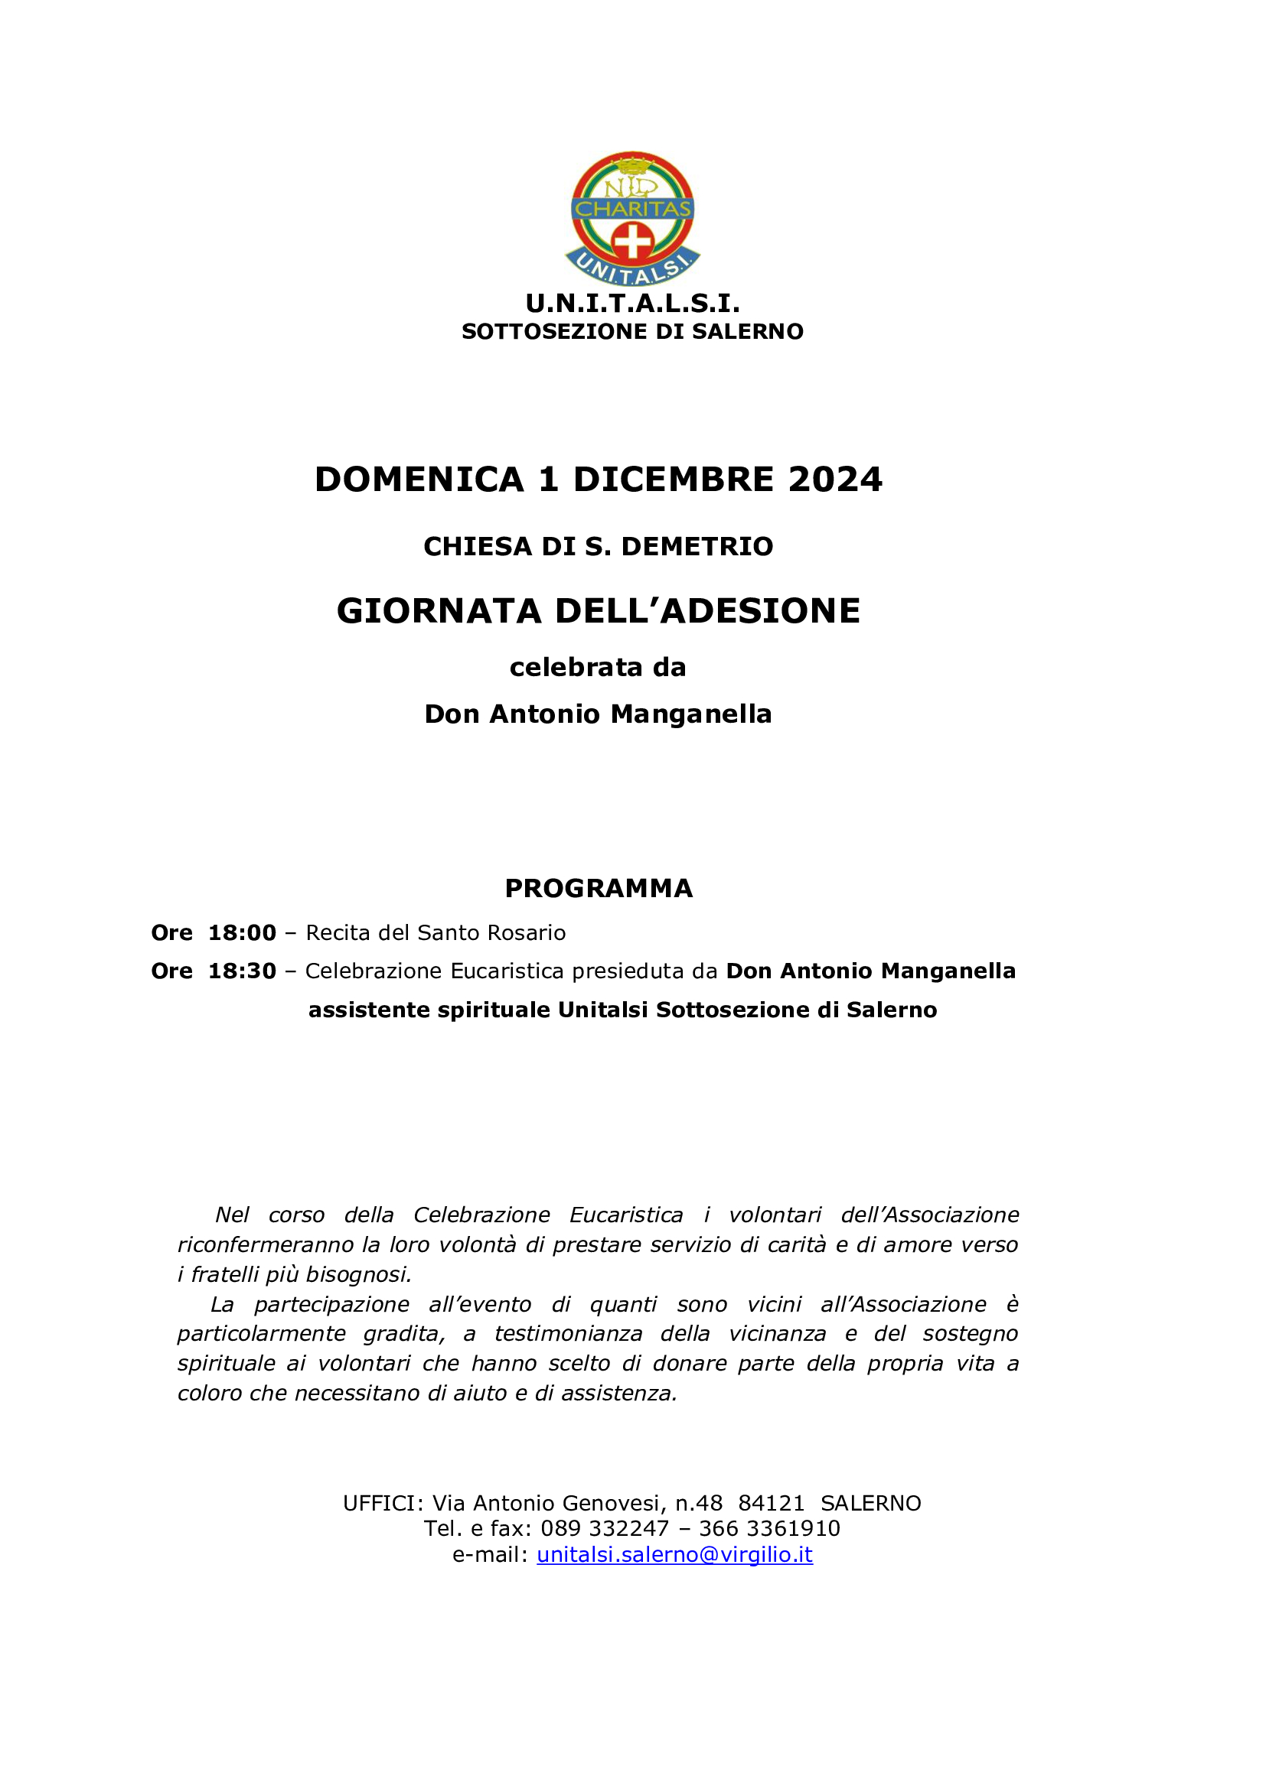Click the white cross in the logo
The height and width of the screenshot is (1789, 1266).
(x=632, y=242)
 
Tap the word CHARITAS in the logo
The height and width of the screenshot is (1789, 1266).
(x=632, y=209)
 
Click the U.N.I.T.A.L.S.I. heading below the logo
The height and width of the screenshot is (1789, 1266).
(x=632, y=302)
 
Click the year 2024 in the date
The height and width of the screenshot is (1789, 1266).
(x=835, y=480)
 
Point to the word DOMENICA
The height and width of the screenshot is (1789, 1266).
(x=419, y=480)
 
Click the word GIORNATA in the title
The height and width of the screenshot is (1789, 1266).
(x=439, y=611)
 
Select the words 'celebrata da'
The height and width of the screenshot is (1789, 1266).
(x=598, y=668)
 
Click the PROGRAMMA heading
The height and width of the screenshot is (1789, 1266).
(x=599, y=888)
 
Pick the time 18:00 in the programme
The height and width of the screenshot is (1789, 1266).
(x=242, y=932)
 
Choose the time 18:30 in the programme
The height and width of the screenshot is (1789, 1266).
(x=242, y=971)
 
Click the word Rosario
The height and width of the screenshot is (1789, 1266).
(x=526, y=932)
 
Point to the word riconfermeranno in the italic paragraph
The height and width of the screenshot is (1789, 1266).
(x=265, y=1244)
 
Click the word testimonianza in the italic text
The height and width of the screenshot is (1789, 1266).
(x=568, y=1333)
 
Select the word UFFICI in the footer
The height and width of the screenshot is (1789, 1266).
(x=382, y=1503)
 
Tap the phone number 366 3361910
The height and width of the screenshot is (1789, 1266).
(x=769, y=1528)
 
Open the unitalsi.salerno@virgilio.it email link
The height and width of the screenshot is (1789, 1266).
(x=674, y=1554)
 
